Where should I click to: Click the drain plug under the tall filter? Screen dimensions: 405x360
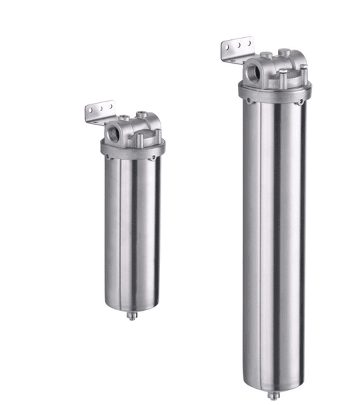pyautogui.click(x=273, y=394)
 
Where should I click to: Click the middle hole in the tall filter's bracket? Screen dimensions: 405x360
pyautogui.click(x=235, y=47)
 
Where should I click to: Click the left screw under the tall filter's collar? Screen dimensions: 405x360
pyautogui.click(x=248, y=102)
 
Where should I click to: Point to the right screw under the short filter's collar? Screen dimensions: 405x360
pyautogui.click(x=155, y=157)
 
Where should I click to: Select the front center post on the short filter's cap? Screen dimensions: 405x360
pyautogui.click(x=140, y=139)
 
